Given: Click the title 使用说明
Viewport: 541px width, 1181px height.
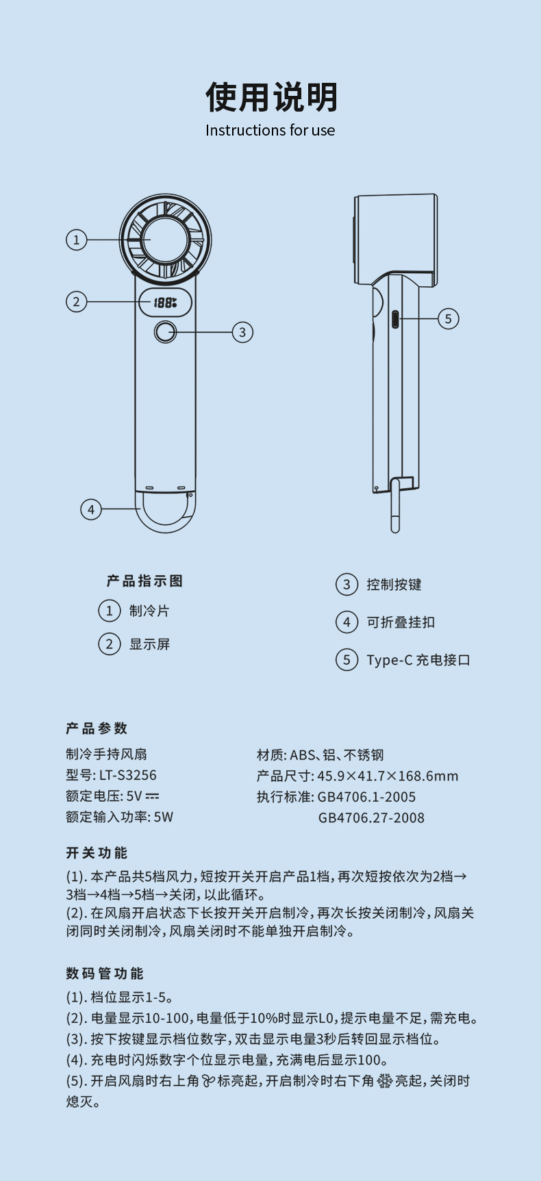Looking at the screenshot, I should (x=271, y=97).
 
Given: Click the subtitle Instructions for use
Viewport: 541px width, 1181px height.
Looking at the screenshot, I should (x=270, y=130).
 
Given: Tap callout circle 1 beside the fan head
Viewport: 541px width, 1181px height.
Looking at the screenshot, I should (x=77, y=240).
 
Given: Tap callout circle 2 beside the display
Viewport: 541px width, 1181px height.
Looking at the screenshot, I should (x=77, y=301).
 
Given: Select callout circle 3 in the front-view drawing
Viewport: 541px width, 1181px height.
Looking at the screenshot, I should (x=242, y=332).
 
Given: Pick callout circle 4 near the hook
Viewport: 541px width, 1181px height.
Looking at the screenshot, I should (x=91, y=509).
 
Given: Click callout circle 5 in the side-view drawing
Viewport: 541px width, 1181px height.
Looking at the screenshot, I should (x=449, y=318).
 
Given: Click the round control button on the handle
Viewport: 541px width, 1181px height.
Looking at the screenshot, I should (x=165, y=332).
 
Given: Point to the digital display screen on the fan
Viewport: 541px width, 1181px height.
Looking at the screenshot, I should (x=165, y=302).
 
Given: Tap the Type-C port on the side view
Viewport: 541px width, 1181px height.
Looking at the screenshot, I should (x=394, y=319).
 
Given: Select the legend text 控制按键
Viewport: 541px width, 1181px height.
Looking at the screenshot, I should (x=394, y=585).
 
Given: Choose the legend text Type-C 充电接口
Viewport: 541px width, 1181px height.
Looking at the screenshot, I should (x=418, y=660).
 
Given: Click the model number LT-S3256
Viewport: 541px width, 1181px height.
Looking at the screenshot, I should (x=127, y=775).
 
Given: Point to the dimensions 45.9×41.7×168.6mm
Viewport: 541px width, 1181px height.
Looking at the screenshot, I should (x=388, y=776).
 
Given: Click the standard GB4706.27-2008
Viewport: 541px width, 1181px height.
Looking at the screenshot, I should (x=371, y=817).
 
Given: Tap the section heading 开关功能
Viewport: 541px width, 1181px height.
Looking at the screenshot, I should (x=97, y=853).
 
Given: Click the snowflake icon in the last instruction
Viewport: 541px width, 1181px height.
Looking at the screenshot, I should (x=385, y=1081).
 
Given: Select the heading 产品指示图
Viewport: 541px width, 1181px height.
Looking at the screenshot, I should (x=144, y=581).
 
